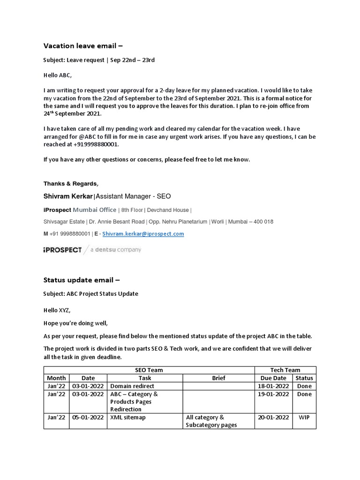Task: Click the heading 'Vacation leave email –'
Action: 83,45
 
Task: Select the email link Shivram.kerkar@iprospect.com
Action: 143,233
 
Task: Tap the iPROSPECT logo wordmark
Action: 62,250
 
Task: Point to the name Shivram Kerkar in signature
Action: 69,196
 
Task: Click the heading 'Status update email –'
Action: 82,280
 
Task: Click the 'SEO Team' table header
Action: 149,370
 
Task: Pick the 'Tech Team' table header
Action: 285,370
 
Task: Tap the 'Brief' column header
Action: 218,378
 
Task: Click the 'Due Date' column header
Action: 273,378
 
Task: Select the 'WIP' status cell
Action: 304,417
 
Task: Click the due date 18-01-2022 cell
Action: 273,386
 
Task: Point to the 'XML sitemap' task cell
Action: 128,417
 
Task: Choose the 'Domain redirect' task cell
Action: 132,386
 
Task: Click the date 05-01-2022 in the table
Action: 88,417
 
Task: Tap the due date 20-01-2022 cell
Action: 273,417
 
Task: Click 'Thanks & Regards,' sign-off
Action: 71,183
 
